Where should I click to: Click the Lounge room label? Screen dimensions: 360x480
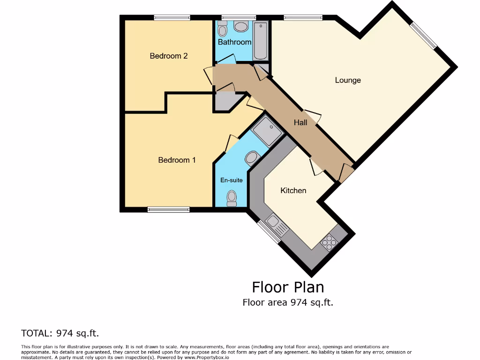pyautogui.click(x=347, y=80)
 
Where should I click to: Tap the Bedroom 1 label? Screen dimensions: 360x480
pyautogui.click(x=177, y=160)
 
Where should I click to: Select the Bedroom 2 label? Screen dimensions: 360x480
pyautogui.click(x=169, y=56)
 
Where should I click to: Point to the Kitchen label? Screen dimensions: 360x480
pyautogui.click(x=293, y=190)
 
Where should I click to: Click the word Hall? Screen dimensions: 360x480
pyautogui.click(x=300, y=122)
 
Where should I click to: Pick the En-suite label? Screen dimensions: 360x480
pyautogui.click(x=232, y=180)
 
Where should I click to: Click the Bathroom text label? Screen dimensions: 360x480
pyautogui.click(x=234, y=42)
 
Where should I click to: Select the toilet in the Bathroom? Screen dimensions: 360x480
pyautogui.click(x=223, y=29)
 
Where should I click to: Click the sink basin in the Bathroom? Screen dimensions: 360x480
pyautogui.click(x=241, y=27)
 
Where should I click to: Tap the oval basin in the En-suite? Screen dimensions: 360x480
pyautogui.click(x=252, y=158)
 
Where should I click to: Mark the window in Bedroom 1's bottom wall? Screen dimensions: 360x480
pyautogui.click(x=168, y=210)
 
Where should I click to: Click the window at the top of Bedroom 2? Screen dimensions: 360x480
pyautogui.click(x=172, y=18)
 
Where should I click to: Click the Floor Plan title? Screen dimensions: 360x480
pyautogui.click(x=287, y=286)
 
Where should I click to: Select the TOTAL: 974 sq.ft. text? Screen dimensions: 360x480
pyautogui.click(x=60, y=333)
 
